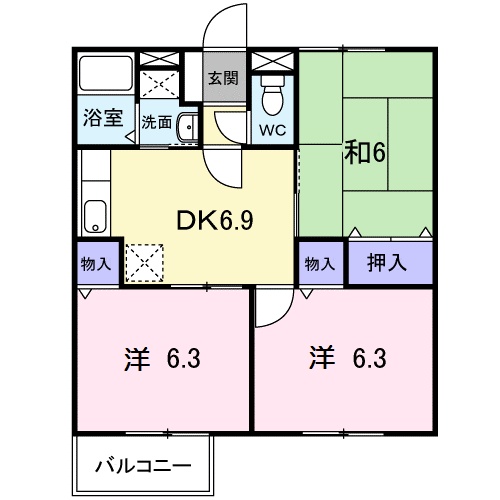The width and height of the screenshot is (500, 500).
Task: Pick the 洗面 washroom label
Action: point(156,123)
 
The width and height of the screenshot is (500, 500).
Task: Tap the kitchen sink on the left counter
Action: point(95,215)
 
